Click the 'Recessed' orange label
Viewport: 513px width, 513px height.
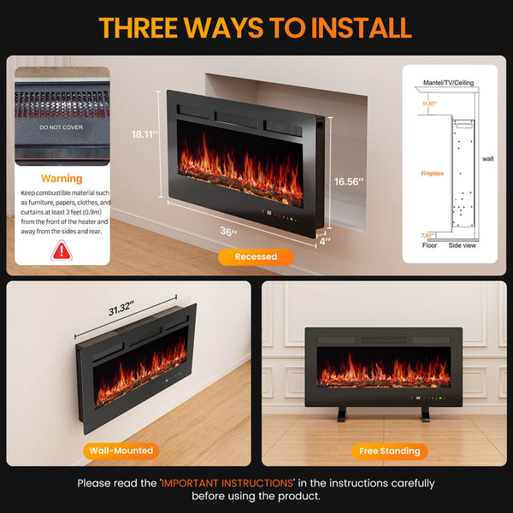coord(256,256)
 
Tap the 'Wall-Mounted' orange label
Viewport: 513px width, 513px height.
coord(121,450)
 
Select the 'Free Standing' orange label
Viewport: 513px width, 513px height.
coord(389,451)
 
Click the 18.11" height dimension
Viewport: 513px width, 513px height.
coord(144,134)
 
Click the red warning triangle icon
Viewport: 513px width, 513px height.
coord(62,251)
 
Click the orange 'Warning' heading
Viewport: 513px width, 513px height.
coord(62,179)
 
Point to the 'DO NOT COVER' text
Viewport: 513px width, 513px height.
coord(61,127)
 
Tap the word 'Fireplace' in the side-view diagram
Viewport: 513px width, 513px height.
coord(433,174)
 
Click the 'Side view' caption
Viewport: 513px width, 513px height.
coord(463,245)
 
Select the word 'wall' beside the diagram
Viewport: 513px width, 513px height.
coord(487,159)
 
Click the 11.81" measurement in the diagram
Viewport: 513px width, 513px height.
coord(428,103)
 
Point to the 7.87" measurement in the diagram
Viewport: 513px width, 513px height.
coord(427,235)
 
